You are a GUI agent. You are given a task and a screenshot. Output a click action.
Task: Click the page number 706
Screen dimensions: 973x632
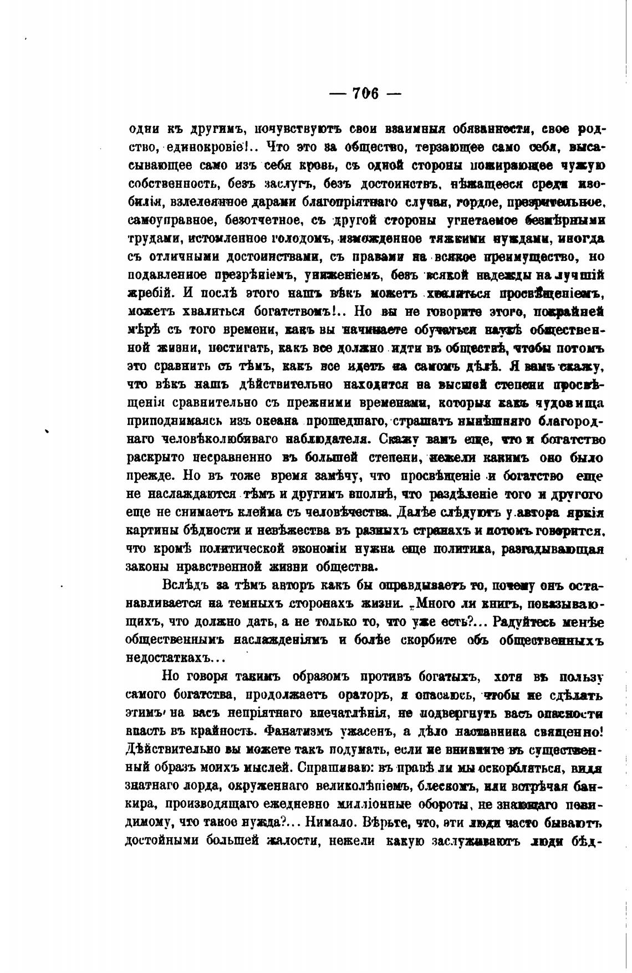pos(365,93)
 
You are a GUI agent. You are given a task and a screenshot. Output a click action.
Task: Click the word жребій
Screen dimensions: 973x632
pos(150,294)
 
